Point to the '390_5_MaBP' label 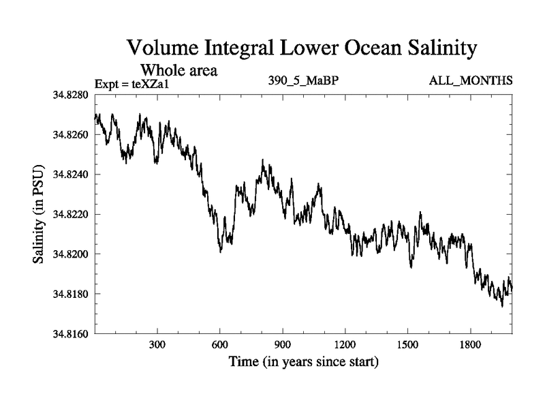tap(304, 81)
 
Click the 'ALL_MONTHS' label tap(470, 81)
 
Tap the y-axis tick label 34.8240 tap(69, 175)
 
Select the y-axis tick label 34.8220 tap(69, 214)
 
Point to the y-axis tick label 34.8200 tap(69, 254)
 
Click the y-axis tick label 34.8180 tap(69, 294)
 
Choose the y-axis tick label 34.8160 tap(69, 333)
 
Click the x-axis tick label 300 tap(158, 345)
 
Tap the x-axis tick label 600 tap(221, 345)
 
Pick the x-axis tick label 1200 tap(345, 345)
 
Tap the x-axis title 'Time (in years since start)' tap(303, 361)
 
